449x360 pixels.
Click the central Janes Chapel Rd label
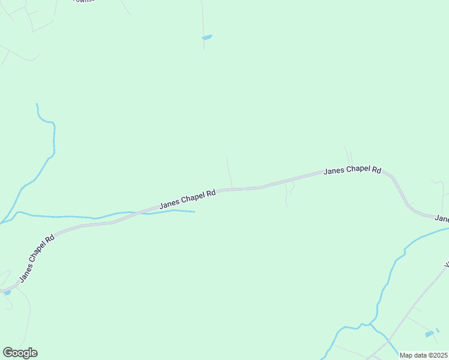coord(187,200)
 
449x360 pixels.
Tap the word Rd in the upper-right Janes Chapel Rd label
coord(376,170)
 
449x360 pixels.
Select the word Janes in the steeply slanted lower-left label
coord(26,274)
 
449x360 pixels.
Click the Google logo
coord(20,353)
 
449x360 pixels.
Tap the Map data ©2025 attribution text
coord(424,355)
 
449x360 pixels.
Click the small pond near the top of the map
coord(207,37)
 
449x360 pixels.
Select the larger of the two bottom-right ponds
coord(429,334)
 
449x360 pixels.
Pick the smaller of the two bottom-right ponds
coord(438,329)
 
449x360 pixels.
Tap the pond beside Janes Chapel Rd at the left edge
coord(7,292)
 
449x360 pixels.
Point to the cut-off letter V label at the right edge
coord(446,264)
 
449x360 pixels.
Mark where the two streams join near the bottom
coord(371,326)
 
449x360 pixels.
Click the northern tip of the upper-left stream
coord(37,104)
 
